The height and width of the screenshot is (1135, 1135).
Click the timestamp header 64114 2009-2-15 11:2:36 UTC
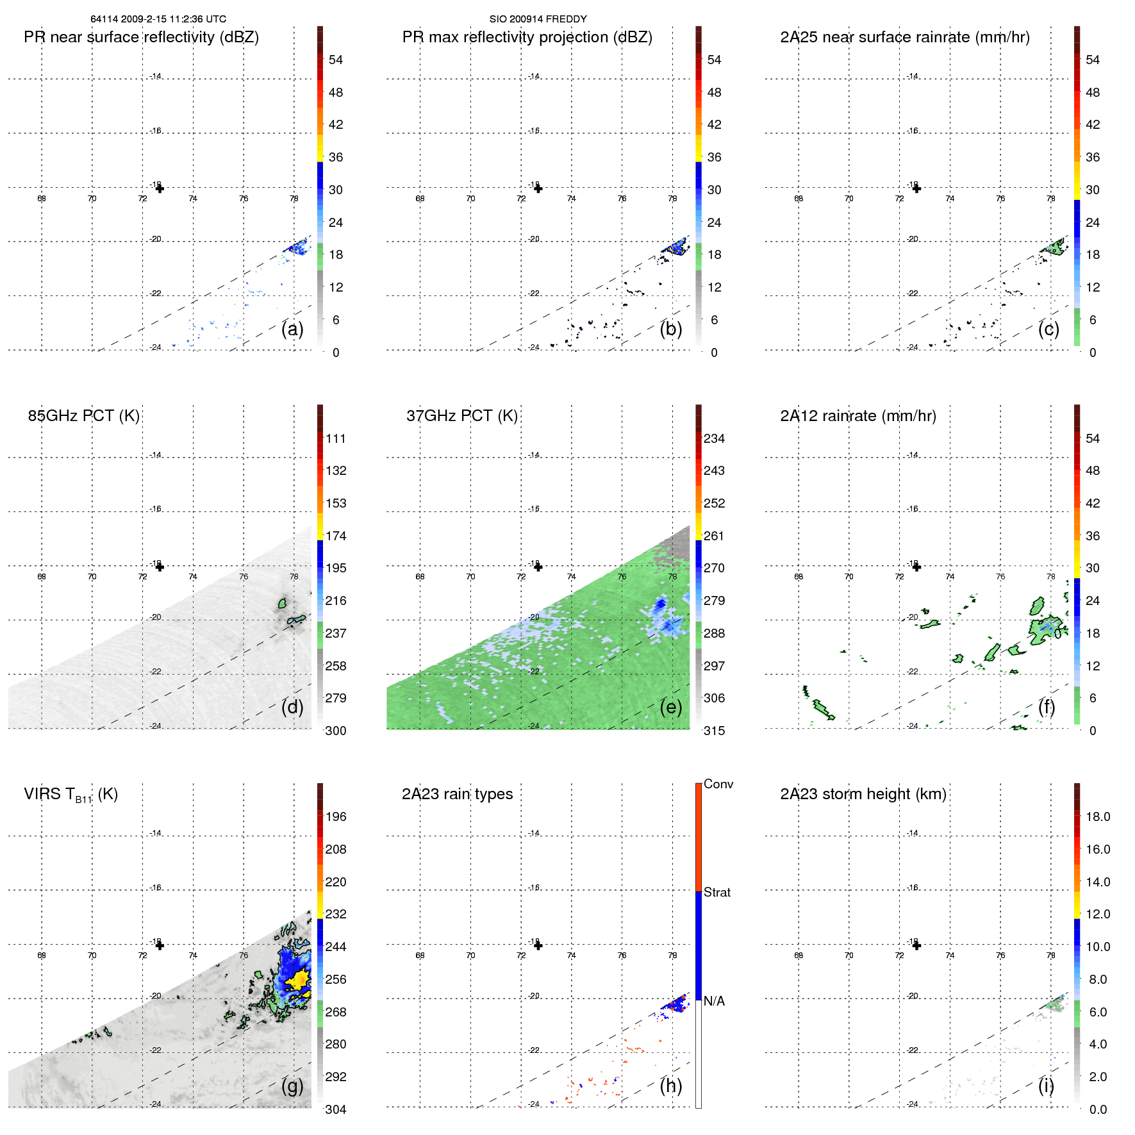(158, 19)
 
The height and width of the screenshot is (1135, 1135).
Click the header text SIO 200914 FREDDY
(538, 19)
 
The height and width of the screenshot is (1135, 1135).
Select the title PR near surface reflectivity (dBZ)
(141, 37)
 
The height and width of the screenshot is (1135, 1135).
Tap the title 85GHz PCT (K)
(83, 416)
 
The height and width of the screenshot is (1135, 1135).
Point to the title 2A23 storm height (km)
(863, 794)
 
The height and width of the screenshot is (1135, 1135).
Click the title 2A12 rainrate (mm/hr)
(857, 416)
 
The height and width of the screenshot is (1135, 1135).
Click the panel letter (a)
(292, 329)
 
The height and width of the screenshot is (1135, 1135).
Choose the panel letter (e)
(670, 708)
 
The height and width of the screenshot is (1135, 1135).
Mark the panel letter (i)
(1046, 1086)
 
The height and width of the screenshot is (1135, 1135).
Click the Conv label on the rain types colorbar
(718, 784)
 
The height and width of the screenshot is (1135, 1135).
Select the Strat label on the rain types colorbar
(717, 893)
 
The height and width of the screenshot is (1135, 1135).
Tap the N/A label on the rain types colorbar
(714, 1001)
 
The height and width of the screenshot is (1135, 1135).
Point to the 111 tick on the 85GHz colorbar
(335, 439)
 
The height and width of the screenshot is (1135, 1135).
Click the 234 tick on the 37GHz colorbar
(714, 439)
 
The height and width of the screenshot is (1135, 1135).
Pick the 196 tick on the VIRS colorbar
(335, 817)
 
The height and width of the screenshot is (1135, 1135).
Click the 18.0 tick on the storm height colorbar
(1097, 817)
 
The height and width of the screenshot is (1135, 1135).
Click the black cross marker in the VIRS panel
(160, 945)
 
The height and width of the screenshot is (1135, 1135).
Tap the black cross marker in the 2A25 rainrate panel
(916, 188)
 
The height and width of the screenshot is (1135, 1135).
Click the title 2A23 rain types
(457, 794)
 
